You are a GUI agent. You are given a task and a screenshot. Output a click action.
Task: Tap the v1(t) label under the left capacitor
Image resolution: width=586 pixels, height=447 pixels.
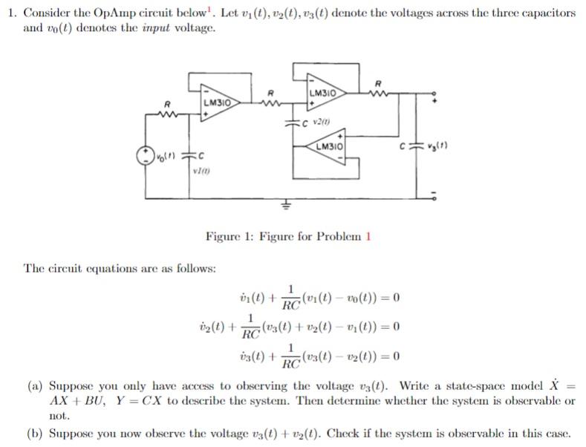(199, 172)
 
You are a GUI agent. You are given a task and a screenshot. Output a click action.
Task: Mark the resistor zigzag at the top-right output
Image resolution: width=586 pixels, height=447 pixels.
(380, 92)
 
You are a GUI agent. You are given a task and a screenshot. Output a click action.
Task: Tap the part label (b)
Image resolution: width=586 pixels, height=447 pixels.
(34, 433)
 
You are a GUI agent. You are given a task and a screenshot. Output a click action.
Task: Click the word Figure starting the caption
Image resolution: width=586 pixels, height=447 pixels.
(224, 237)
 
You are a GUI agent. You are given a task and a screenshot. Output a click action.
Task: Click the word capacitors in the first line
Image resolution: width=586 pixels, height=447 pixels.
(550, 13)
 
